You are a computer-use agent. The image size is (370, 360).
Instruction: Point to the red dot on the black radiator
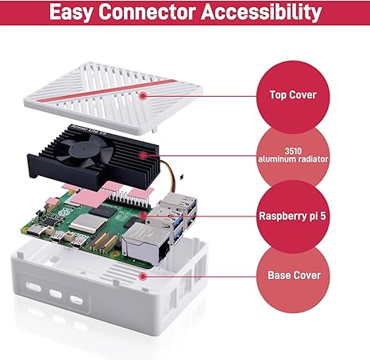pos(144,155)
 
